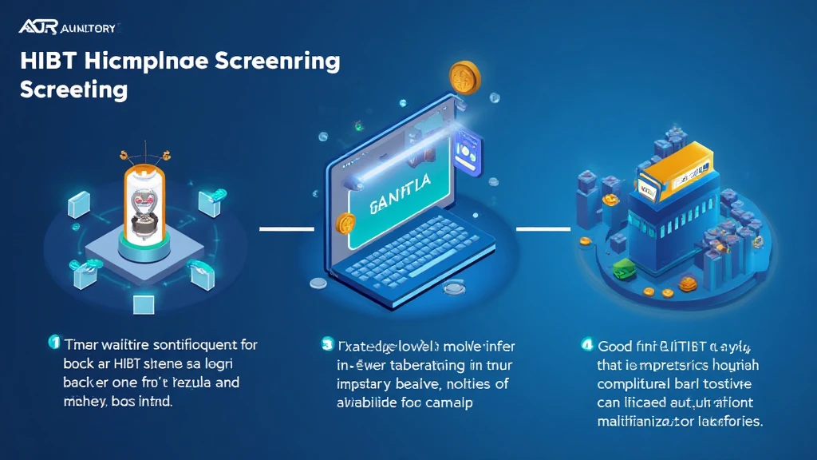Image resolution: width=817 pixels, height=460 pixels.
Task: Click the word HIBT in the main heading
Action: coord(47,62)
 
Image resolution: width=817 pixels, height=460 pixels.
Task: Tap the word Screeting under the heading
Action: coord(73,89)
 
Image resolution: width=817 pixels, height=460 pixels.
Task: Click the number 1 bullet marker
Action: coord(54,343)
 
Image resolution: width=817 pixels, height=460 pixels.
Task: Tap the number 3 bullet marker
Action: coord(327,345)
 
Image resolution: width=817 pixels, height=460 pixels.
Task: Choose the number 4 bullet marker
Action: coord(586,346)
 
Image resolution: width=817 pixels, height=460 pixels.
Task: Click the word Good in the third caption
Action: coord(615,347)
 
